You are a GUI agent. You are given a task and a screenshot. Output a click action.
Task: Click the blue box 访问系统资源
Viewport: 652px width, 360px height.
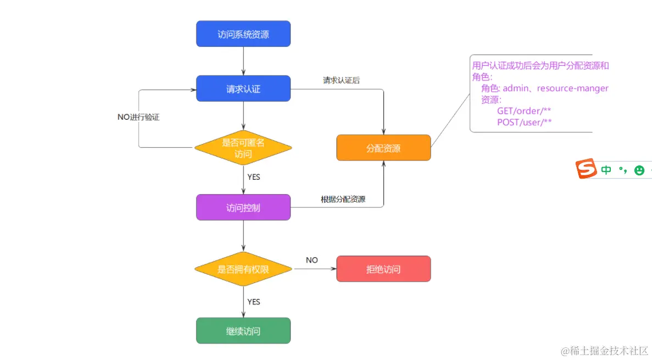(x=243, y=34)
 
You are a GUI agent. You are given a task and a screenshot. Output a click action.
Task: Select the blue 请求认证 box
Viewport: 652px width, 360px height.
(x=243, y=88)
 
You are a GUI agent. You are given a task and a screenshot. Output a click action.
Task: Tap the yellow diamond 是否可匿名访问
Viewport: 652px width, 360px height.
(x=243, y=148)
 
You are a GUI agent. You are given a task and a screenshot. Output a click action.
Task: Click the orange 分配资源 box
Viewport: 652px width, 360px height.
(x=383, y=148)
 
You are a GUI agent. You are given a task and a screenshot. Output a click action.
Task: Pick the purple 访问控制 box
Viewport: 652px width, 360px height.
(x=243, y=208)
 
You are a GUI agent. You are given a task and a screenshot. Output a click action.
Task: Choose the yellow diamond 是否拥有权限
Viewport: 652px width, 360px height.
(x=243, y=269)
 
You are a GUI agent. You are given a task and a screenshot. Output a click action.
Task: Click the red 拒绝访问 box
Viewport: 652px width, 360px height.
(x=383, y=269)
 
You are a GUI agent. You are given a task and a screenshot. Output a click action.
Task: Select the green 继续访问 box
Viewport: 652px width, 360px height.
(x=243, y=331)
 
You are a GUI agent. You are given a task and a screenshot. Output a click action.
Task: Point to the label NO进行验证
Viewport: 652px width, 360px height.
(x=138, y=118)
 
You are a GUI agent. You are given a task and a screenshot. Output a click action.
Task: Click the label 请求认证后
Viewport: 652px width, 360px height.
(x=341, y=80)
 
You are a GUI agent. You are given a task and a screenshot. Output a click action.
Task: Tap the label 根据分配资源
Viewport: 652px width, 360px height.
(x=343, y=200)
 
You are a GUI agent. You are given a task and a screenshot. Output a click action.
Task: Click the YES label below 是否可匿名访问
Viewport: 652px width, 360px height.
(x=254, y=177)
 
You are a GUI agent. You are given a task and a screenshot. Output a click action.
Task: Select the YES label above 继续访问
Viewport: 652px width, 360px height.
(x=254, y=302)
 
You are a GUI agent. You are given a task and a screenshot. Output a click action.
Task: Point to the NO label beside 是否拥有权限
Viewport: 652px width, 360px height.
(x=312, y=260)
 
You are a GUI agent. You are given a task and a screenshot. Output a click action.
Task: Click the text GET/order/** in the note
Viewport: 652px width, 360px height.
(x=524, y=110)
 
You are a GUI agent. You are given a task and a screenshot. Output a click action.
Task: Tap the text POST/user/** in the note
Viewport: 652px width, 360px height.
(x=524, y=122)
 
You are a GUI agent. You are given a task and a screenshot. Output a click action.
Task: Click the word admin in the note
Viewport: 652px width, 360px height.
(x=516, y=88)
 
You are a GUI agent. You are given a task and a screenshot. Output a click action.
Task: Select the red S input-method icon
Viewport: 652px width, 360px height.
(x=586, y=169)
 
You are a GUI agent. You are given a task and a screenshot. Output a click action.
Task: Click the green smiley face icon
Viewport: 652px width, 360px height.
(x=639, y=170)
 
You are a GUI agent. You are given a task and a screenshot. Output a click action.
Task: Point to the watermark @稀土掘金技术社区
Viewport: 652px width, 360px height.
(x=605, y=350)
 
